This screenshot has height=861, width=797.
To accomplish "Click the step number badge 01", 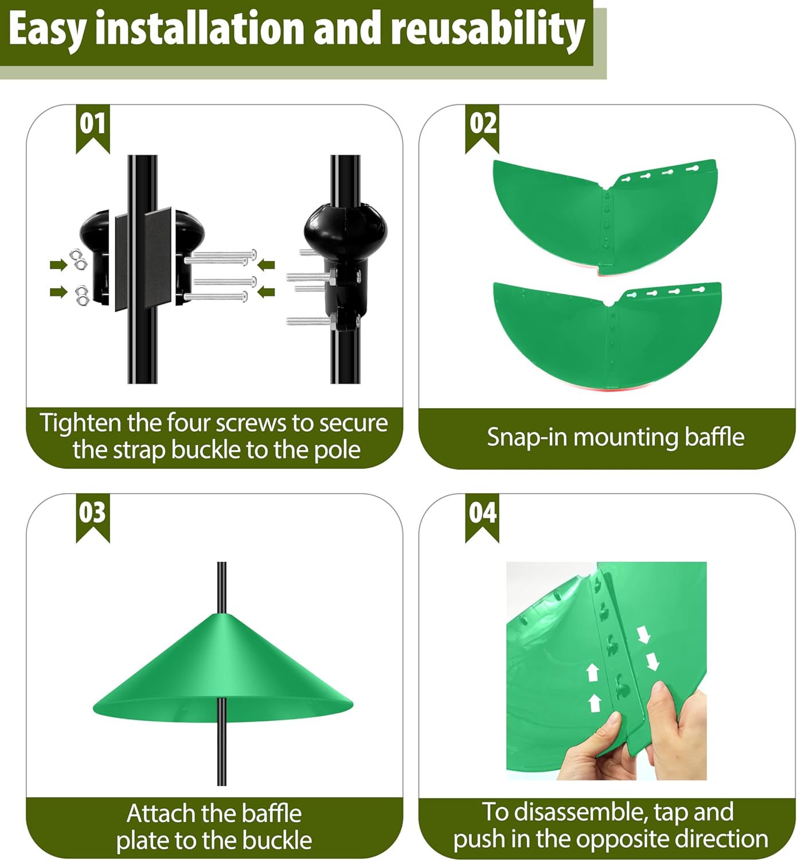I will tap(92, 125).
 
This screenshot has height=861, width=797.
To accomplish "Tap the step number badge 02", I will tap(482, 125).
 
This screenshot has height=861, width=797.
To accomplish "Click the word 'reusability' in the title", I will tap(487, 30).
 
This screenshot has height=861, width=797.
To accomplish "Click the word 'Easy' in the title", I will tap(47, 30).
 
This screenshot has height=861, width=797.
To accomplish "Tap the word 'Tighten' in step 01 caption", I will tap(80, 424).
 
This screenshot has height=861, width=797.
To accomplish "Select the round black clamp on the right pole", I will tap(345, 230).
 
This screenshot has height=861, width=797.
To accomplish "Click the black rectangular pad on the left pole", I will tap(143, 258).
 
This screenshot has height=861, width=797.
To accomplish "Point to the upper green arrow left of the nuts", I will tap(58, 265).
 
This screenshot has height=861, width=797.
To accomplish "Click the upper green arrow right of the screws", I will tap(266, 265).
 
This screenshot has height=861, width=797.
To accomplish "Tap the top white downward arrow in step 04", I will tap(643, 635).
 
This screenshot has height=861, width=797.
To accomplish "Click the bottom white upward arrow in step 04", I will tap(595, 702).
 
